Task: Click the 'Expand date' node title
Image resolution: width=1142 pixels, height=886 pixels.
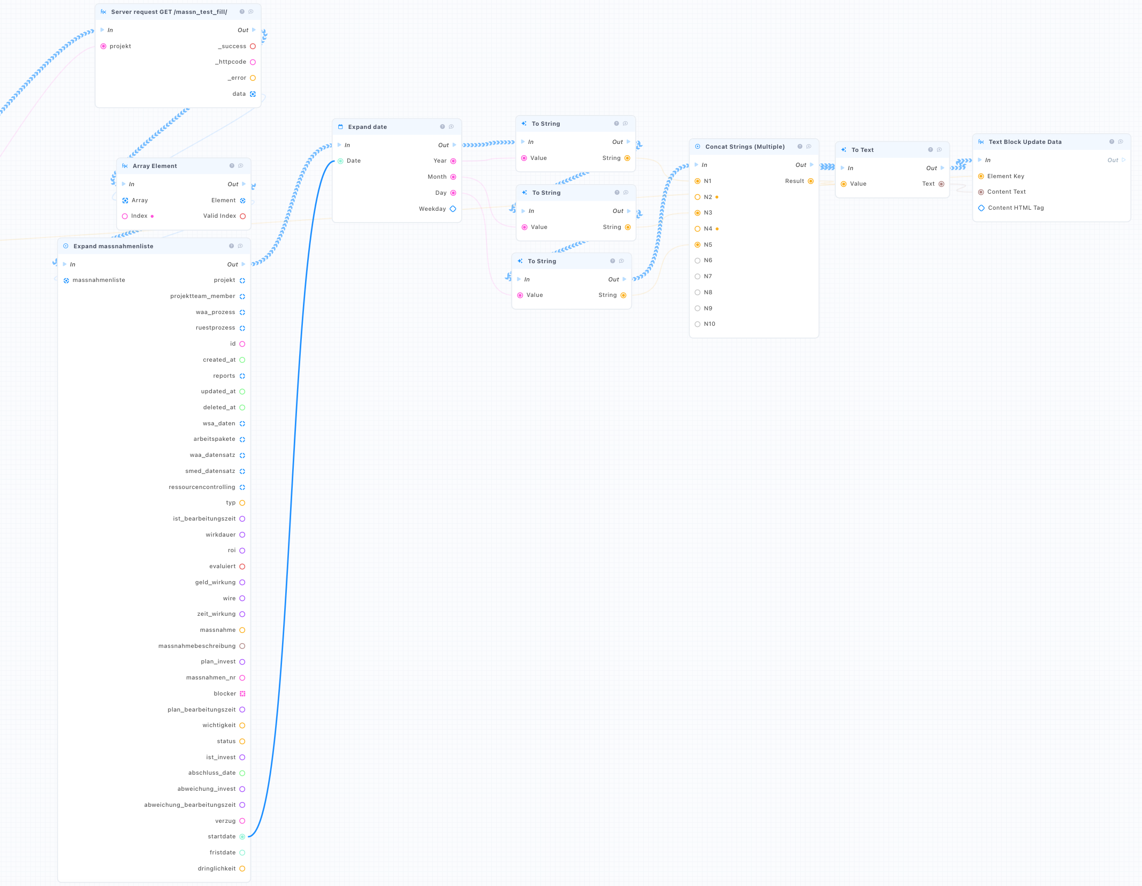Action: click(367, 127)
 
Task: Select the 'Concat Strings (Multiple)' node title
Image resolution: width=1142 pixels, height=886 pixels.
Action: click(745, 147)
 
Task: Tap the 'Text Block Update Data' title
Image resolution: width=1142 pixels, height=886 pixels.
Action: click(1025, 142)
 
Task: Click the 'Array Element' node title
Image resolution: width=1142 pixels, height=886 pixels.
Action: click(155, 166)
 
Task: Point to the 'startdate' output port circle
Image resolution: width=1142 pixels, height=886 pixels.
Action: click(242, 837)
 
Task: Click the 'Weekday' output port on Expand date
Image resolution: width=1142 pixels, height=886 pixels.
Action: click(453, 209)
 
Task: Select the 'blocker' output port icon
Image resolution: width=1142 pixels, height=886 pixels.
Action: click(242, 693)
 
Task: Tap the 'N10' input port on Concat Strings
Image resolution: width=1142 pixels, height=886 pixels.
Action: click(697, 324)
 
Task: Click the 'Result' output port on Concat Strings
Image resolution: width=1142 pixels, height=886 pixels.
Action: click(811, 181)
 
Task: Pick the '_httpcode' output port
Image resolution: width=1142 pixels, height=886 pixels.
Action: click(253, 62)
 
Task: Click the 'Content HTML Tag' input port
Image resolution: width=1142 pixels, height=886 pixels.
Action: click(981, 208)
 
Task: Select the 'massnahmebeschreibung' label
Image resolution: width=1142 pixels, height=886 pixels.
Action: click(197, 646)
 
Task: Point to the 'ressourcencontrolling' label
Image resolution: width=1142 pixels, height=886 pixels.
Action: click(202, 487)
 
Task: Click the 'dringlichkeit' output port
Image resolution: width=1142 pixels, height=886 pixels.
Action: click(242, 869)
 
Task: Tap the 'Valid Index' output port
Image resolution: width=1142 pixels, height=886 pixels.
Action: click(243, 216)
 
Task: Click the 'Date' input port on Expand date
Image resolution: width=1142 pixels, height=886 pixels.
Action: click(340, 161)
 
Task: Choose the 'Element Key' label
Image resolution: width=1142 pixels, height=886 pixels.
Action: click(1006, 176)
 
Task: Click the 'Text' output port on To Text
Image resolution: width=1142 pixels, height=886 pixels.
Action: click(941, 184)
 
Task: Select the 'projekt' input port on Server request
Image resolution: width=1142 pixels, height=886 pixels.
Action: click(103, 47)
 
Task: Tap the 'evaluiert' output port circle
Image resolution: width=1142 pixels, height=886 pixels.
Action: click(242, 567)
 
